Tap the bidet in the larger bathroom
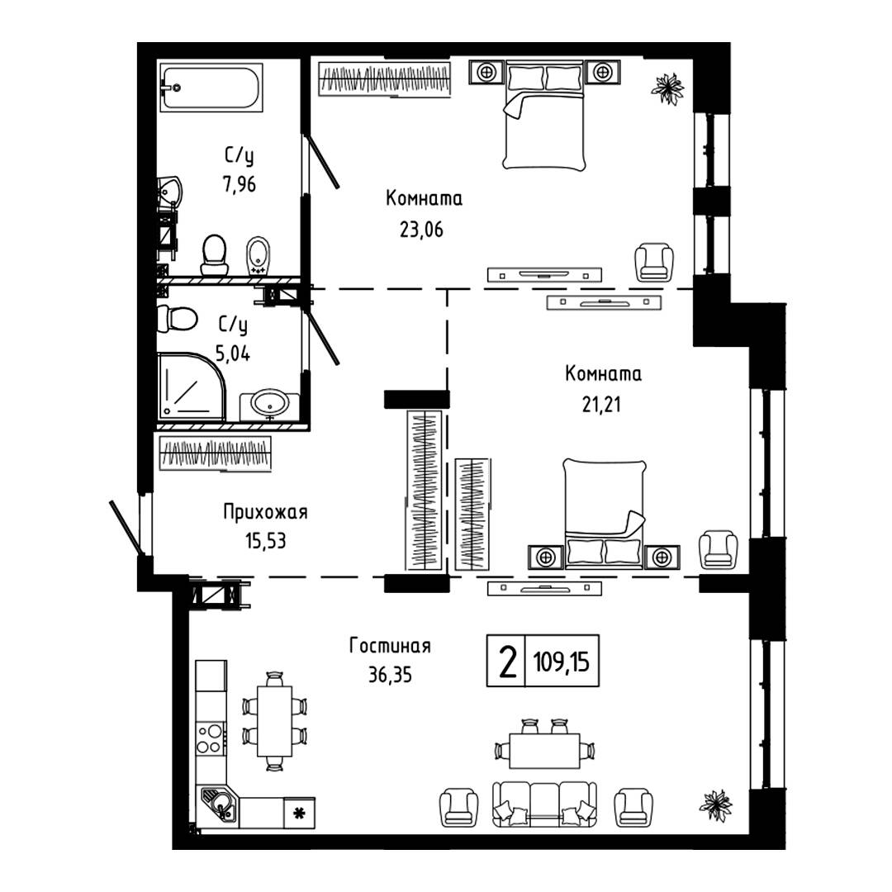(258, 254)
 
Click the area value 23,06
(422, 230)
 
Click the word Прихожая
(265, 513)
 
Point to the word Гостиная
(391, 646)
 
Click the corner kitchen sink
(220, 804)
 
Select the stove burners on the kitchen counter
(210, 738)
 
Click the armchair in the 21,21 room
(717, 549)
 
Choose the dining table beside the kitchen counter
(274, 721)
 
